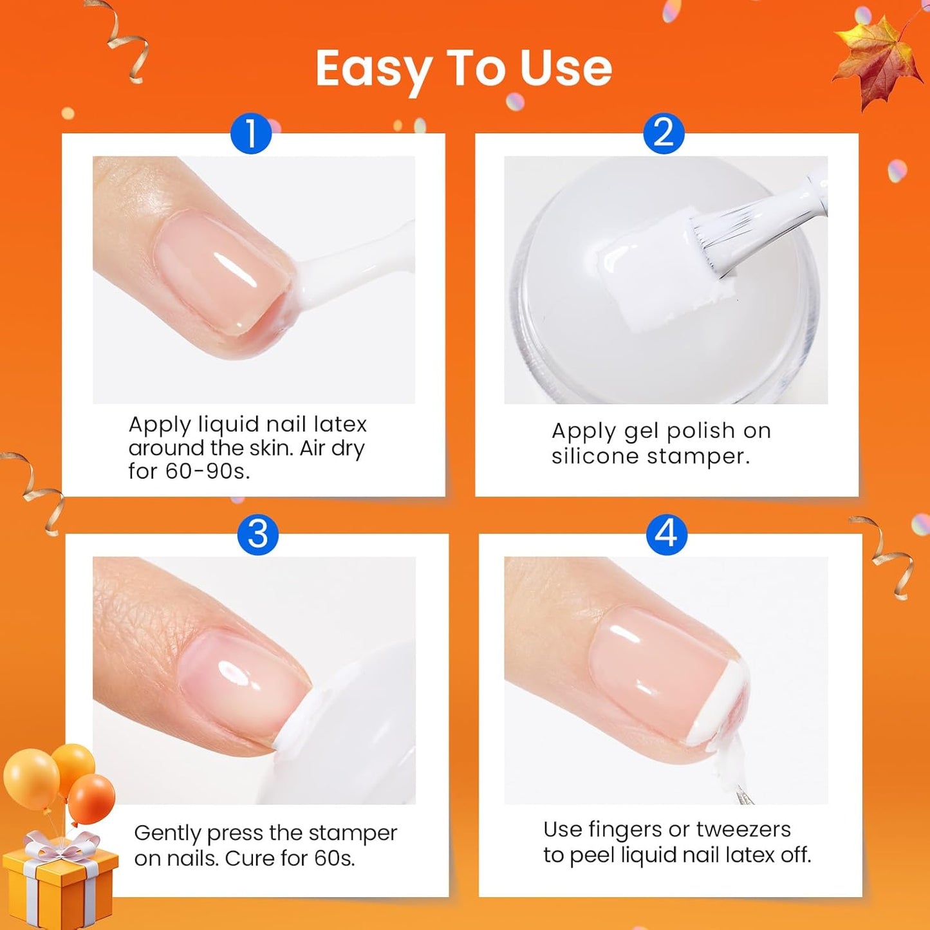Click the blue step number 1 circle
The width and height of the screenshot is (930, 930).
[x=251, y=133]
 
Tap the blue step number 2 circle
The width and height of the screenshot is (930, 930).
[x=664, y=133]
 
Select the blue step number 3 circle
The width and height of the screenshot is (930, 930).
[x=257, y=534]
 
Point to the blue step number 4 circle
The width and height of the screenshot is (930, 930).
[x=667, y=534]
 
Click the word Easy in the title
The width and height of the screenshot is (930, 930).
[x=373, y=70]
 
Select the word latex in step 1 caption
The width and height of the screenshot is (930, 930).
[x=340, y=425]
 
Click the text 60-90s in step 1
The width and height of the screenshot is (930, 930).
[x=207, y=471]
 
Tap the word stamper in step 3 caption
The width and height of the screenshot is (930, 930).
[x=352, y=833]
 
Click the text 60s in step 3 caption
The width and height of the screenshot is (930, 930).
[x=334, y=859]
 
